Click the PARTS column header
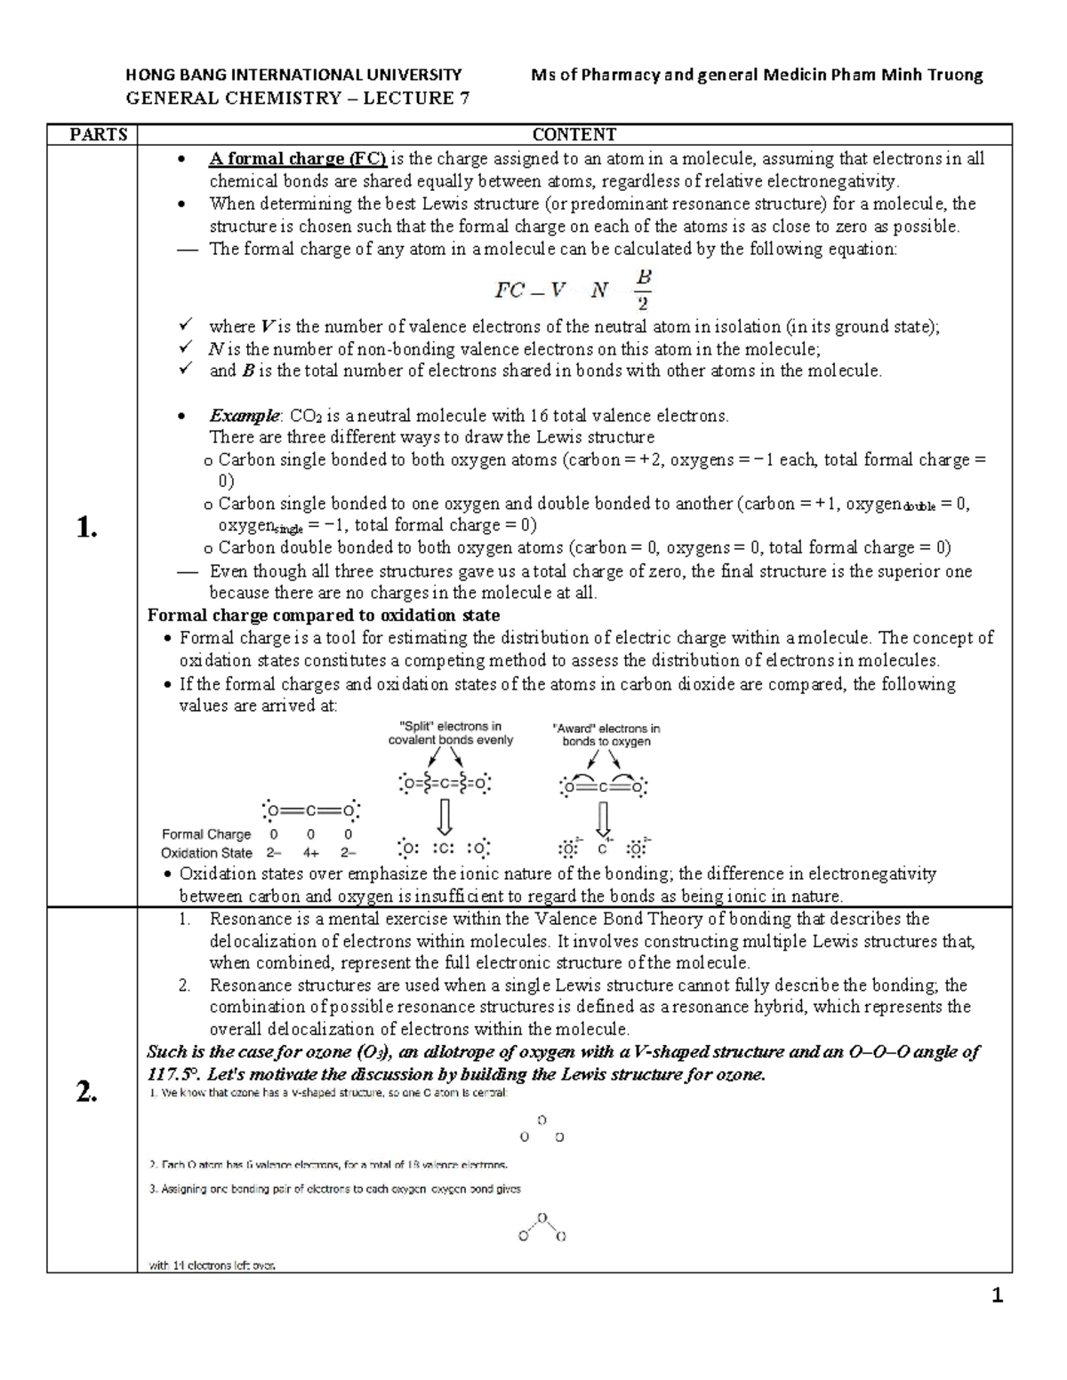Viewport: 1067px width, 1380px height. pos(99,135)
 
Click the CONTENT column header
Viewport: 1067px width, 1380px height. pos(574,135)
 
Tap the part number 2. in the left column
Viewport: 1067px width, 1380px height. pos(86,1093)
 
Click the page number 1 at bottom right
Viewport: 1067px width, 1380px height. pos(998,1296)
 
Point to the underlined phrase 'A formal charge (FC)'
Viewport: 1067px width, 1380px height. pos(298,159)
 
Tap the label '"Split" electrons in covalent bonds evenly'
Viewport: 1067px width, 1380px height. pos(451,733)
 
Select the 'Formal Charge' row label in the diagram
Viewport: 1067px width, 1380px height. pos(206,834)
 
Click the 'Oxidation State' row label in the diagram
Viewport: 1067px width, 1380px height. pos(206,853)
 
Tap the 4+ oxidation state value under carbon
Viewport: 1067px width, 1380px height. pos(310,853)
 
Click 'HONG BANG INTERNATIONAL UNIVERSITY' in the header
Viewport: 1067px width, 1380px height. pos(294,76)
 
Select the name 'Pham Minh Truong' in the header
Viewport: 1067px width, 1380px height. pos(906,76)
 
